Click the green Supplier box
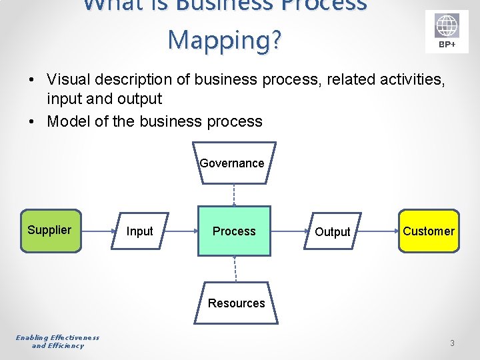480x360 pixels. pyautogui.click(x=50, y=231)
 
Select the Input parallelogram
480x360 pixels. pyautogui.click(x=140, y=231)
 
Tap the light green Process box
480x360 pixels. pyautogui.click(x=234, y=231)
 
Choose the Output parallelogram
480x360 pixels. pyautogui.click(x=332, y=231)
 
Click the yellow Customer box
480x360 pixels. pyautogui.click(x=429, y=231)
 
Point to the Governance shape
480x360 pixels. pyautogui.click(x=232, y=163)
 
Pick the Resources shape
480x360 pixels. pyautogui.click(x=236, y=303)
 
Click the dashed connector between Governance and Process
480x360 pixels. pyautogui.click(x=233, y=195)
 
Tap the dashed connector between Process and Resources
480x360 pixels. pyautogui.click(x=235, y=269)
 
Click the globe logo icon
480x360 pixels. pyautogui.click(x=447, y=27)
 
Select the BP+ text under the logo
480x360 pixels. pyautogui.click(x=447, y=45)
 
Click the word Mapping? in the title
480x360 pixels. pyautogui.click(x=225, y=39)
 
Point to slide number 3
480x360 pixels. pyautogui.click(x=452, y=343)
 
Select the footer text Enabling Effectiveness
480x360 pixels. pyautogui.click(x=57, y=337)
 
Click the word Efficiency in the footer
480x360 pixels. pyautogui.click(x=67, y=345)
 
